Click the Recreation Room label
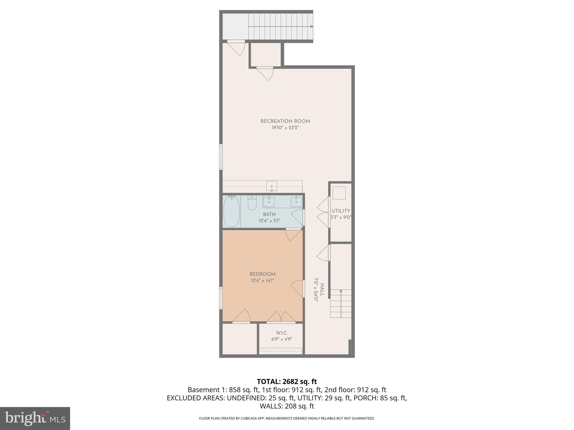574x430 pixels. click(285, 121)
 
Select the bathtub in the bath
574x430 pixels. click(231, 211)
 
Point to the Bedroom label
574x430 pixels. click(262, 274)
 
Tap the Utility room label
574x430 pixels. click(341, 211)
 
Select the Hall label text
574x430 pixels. click(322, 290)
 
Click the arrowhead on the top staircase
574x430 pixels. click(311, 27)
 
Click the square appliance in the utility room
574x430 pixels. click(339, 193)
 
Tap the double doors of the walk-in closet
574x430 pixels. click(281, 317)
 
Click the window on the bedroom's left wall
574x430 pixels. click(221, 298)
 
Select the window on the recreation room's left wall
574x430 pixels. click(221, 157)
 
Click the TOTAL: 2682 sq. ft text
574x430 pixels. click(287, 382)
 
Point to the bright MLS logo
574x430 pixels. click(35, 418)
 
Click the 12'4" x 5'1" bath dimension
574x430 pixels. click(269, 221)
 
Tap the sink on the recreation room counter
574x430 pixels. click(271, 186)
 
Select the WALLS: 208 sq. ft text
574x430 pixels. click(287, 406)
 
